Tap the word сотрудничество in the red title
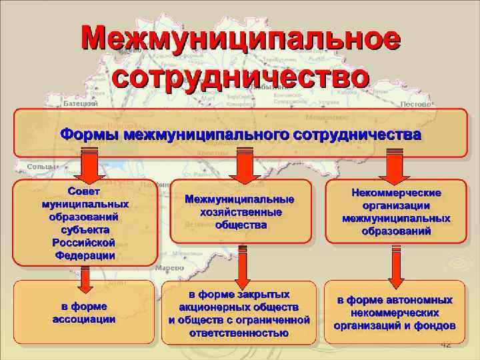click(x=240, y=75)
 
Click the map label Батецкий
click(x=82, y=104)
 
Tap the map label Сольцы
click(x=41, y=167)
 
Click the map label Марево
click(x=169, y=267)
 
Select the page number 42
click(x=446, y=345)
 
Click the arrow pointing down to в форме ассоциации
click(x=84, y=278)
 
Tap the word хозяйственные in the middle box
click(x=241, y=212)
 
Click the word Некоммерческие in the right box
click(x=396, y=192)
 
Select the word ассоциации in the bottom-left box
click(x=84, y=319)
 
